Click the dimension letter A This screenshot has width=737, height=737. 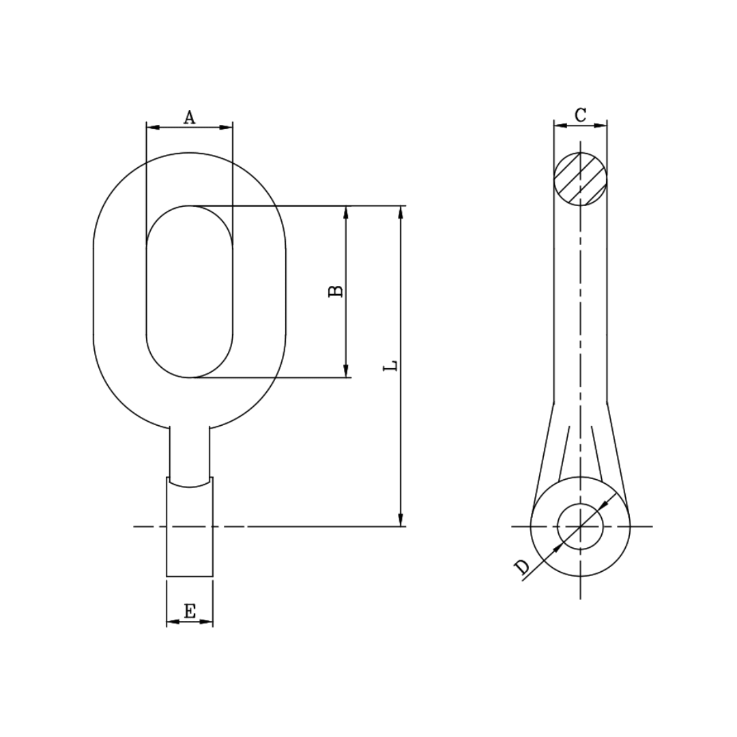pyautogui.click(x=190, y=117)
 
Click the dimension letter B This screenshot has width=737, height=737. pyautogui.click(x=336, y=291)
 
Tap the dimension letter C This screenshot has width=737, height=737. pyautogui.click(x=580, y=115)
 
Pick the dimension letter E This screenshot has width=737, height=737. pyautogui.click(x=190, y=611)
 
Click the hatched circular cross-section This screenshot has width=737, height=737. pyautogui.click(x=580, y=179)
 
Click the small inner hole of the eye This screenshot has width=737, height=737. pyautogui.click(x=580, y=526)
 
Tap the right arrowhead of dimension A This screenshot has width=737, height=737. pyautogui.click(x=227, y=127)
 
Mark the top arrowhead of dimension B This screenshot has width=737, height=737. pyautogui.click(x=346, y=212)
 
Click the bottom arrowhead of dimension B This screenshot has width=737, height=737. pyautogui.click(x=346, y=371)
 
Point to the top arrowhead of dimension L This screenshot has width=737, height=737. pyautogui.click(x=401, y=212)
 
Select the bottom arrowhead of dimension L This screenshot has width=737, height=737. pyautogui.click(x=401, y=520)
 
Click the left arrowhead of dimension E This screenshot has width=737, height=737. pyautogui.click(x=172, y=622)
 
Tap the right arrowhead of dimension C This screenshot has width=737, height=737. pyautogui.click(x=601, y=126)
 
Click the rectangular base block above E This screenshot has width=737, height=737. pyautogui.click(x=190, y=532)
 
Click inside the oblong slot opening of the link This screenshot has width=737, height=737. pyautogui.click(x=190, y=291)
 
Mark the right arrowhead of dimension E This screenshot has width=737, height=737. pyautogui.click(x=207, y=622)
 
